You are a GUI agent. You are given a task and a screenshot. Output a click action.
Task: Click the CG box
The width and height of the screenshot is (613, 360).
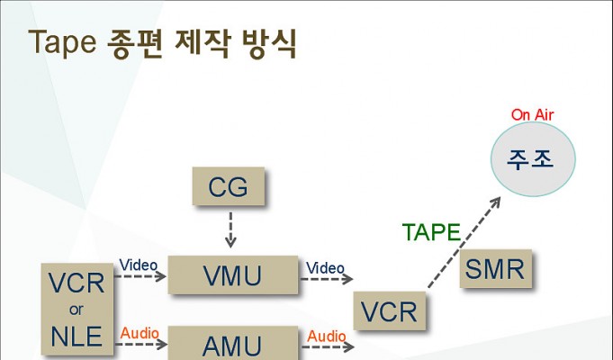pos(229,186)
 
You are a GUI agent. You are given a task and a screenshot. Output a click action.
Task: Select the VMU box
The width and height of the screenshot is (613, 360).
pos(233,274)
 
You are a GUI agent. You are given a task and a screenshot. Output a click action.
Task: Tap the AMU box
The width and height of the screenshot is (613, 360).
pos(233,343)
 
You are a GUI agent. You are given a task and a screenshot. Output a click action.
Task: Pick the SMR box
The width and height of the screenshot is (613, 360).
pos(496,268)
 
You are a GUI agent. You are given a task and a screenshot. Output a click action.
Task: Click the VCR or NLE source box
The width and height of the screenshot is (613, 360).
pos(77,310)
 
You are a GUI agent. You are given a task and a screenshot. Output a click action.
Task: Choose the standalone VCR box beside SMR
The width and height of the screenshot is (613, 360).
pos(390,310)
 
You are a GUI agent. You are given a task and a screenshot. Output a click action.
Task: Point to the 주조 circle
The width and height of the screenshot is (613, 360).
pos(533,159)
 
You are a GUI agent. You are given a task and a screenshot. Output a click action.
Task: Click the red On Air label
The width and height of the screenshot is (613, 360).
pos(533,115)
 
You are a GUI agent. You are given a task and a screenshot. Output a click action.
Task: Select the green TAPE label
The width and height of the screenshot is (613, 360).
pos(431,232)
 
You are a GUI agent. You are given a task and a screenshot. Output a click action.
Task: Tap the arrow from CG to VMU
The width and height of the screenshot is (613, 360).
pos(230,229)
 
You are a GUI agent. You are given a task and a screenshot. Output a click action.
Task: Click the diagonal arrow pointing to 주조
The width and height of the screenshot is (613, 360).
pos(464,242)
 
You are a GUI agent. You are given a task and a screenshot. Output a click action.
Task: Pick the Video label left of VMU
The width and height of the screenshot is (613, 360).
pos(139,265)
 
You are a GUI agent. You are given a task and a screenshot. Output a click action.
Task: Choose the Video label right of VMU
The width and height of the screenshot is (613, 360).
pos(325,268)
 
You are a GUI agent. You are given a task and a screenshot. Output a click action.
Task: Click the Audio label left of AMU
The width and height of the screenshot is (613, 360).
pos(140,333)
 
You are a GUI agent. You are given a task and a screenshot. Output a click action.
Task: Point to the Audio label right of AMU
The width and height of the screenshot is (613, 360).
pos(327,337)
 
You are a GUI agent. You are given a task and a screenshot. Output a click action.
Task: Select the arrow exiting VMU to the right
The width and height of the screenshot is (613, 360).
pos(327,279)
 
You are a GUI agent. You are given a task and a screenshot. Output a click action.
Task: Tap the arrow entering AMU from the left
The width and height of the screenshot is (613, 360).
pos(141,345)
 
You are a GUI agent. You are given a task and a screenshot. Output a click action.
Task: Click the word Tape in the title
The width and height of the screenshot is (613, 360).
pos(62,42)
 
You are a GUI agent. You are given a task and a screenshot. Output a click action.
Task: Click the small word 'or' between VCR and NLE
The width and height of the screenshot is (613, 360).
pos(77,310)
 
